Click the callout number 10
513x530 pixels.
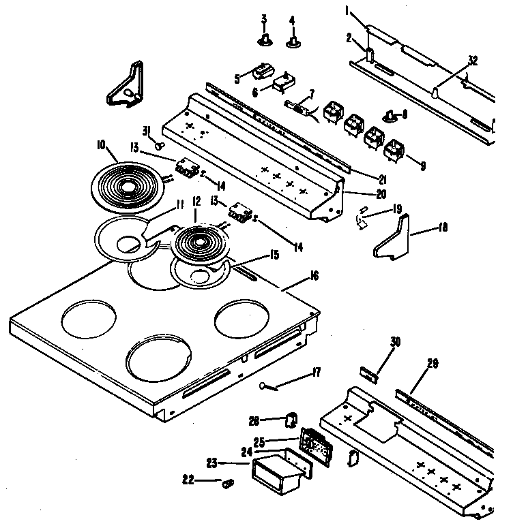click(101, 144)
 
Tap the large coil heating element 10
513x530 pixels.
click(127, 183)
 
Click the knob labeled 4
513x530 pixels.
click(293, 42)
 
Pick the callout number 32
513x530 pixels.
click(473, 60)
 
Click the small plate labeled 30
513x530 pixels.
click(370, 372)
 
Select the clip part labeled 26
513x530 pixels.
click(291, 418)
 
